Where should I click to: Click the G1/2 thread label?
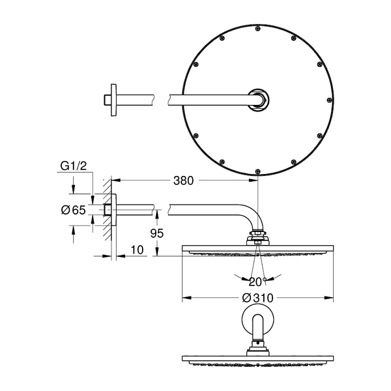click(x=74, y=166)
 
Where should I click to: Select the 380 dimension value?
click(x=184, y=181)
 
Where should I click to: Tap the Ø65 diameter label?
click(x=73, y=210)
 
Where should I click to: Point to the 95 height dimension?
click(x=157, y=233)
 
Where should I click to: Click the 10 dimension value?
click(x=137, y=250)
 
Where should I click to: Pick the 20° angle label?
click(x=257, y=282)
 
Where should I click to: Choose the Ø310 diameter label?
click(x=258, y=298)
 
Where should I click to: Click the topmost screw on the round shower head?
click(x=258, y=29)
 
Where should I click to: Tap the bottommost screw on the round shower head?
click(x=258, y=171)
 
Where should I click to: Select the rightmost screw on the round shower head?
click(x=329, y=100)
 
